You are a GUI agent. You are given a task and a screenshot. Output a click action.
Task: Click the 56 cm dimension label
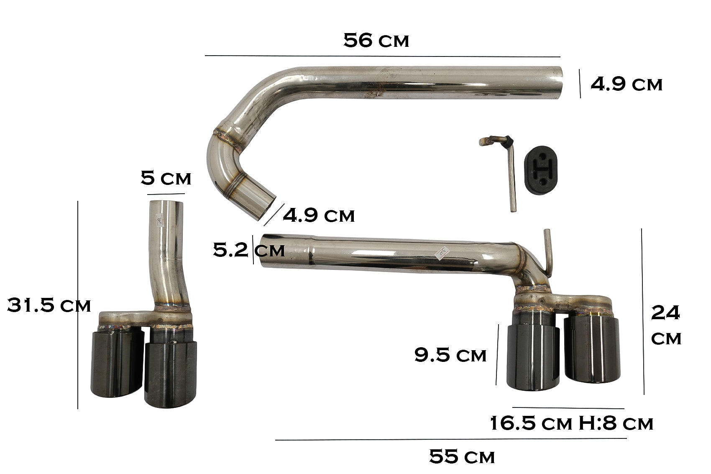[376, 41]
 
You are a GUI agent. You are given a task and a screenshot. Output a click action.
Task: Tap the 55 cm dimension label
[462, 456]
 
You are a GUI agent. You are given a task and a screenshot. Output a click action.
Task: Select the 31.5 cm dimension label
[49, 305]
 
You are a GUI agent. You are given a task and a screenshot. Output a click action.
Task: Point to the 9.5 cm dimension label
[450, 355]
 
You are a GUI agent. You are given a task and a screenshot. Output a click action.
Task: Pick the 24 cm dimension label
[666, 325]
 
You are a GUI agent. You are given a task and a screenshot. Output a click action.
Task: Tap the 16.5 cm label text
[531, 423]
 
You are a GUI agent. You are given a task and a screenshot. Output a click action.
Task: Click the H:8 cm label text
[616, 423]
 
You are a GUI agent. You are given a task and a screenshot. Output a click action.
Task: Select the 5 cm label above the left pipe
[166, 178]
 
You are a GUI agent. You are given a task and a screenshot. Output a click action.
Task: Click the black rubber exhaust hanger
[540, 170]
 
